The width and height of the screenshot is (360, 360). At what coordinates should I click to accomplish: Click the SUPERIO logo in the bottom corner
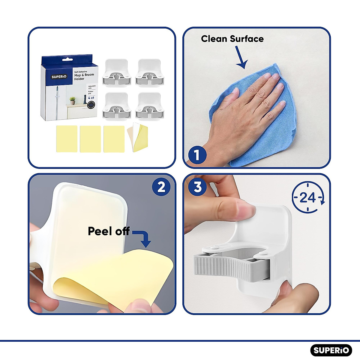click(331, 350)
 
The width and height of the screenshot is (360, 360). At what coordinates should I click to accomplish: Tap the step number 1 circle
click(197, 155)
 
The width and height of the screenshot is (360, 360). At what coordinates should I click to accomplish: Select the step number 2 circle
click(161, 187)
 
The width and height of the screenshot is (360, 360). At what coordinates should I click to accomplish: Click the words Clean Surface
click(232, 39)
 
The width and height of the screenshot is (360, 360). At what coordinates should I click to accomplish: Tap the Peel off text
click(109, 231)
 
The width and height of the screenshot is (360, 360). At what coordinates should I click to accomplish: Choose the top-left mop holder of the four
click(117, 72)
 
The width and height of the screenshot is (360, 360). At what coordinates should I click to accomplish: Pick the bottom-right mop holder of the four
click(149, 106)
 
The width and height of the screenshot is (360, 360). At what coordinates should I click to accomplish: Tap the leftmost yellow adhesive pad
click(67, 139)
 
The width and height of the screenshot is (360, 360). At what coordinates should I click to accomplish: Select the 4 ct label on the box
click(91, 97)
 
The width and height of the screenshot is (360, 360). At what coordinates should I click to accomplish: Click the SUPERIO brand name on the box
click(59, 76)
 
